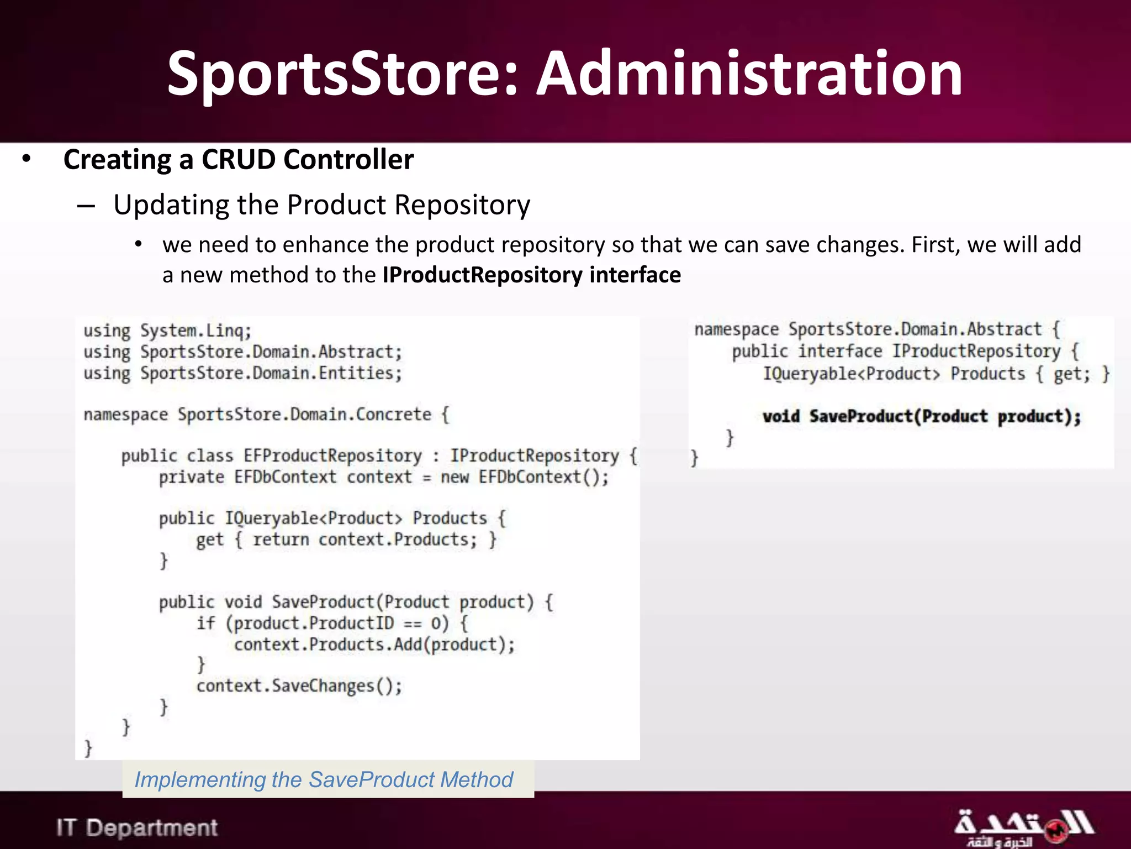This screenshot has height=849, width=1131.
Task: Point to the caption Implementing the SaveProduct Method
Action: coord(324,779)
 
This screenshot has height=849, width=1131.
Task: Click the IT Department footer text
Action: coord(137,827)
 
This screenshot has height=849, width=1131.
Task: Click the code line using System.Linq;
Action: coord(167,331)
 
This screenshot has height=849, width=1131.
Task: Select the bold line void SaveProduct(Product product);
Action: coord(921,416)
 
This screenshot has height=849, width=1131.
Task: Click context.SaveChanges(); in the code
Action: coord(299,686)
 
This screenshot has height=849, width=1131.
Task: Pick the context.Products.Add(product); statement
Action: coord(374,644)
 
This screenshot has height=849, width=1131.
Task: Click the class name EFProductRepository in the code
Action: coord(332,455)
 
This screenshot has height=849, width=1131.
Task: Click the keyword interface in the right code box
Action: coord(840,352)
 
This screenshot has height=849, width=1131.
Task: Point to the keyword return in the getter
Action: coord(281,539)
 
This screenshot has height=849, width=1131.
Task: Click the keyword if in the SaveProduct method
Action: coord(205,623)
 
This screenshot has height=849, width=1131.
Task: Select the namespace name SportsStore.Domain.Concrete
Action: coord(304,415)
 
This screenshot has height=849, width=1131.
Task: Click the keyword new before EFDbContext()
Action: coord(454,477)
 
